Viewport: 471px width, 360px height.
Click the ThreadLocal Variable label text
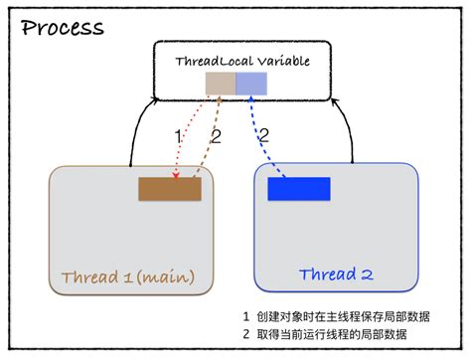coord(242,61)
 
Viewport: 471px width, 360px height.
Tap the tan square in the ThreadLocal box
coord(220,84)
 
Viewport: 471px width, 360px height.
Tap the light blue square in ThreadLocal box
coord(250,84)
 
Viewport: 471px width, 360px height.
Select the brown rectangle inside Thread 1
coord(170,189)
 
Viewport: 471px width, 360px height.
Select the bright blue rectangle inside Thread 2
coord(298,189)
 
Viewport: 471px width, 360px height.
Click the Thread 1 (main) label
coord(128,275)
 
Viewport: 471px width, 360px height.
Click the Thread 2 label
coord(336,274)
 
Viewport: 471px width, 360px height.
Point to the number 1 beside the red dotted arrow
coord(178,134)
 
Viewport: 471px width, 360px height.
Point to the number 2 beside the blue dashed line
coord(264,134)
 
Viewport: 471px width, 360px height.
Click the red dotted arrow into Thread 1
coord(193,134)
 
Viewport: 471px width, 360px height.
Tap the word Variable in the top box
coord(280,61)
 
